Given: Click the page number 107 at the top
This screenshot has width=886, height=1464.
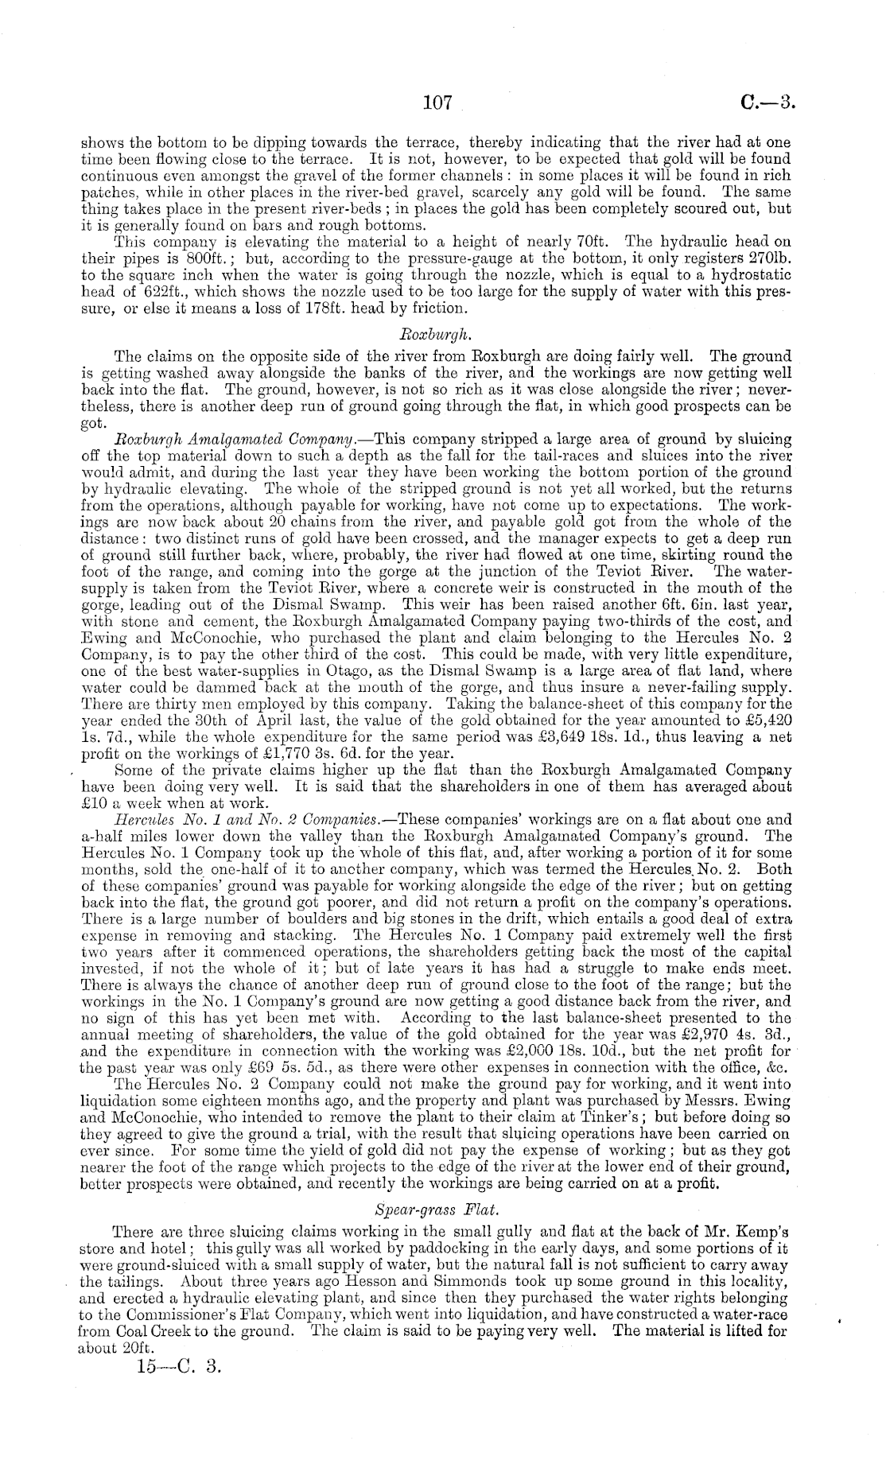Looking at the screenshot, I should [x=437, y=103].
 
